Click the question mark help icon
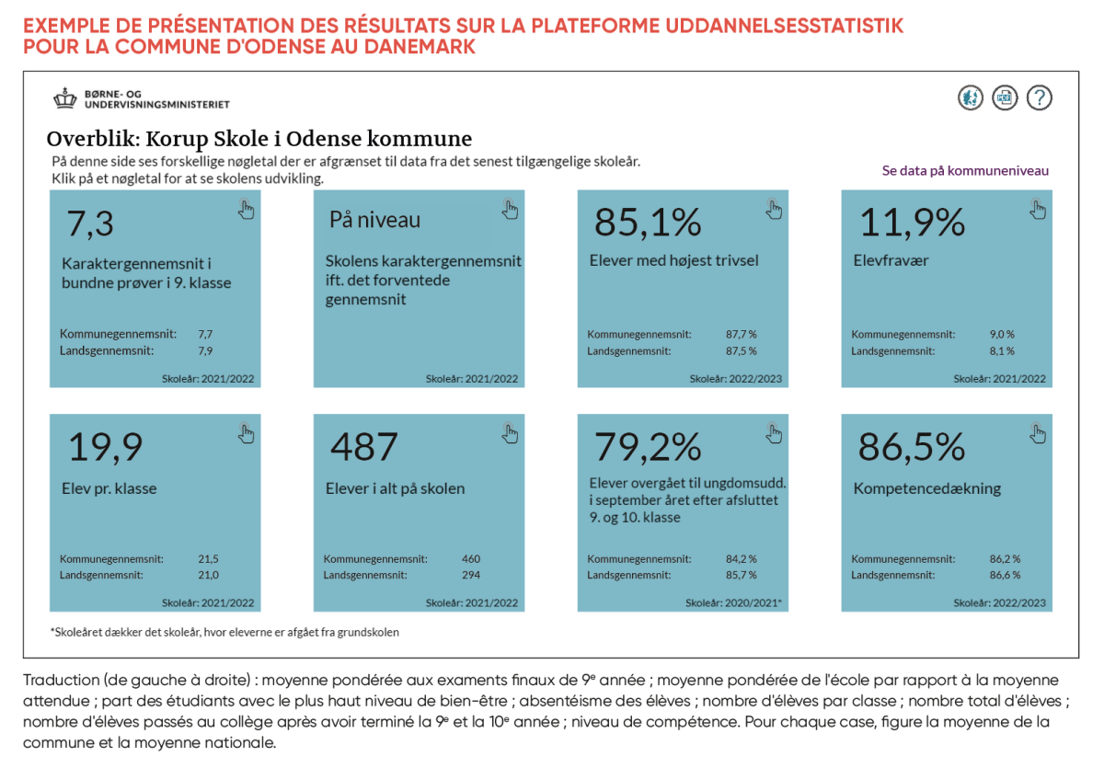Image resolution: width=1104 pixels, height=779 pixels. click(1039, 97)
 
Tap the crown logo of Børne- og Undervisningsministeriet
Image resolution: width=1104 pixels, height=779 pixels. click(65, 98)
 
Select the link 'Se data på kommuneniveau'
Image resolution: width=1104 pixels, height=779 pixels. click(965, 170)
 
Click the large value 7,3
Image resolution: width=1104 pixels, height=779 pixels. click(90, 223)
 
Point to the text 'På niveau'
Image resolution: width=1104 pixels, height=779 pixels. click(374, 221)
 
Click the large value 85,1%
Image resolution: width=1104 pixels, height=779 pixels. click(648, 223)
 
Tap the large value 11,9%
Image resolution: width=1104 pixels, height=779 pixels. click(912, 223)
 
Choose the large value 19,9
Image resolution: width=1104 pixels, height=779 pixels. click(106, 447)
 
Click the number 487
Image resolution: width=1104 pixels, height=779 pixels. click(364, 447)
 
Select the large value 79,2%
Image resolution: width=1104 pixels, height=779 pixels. click(648, 447)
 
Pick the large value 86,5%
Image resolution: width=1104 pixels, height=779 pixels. click(912, 447)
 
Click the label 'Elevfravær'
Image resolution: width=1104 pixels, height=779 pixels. click(891, 260)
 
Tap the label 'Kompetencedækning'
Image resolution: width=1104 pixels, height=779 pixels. click(926, 488)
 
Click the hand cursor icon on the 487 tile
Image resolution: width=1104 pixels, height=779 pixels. click(511, 433)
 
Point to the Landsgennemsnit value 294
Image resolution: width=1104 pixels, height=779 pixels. click(470, 575)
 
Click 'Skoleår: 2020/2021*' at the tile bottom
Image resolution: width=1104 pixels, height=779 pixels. click(733, 603)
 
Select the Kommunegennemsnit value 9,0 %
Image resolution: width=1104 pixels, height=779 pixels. click(1001, 335)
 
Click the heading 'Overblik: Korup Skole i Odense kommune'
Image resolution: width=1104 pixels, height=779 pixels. click(259, 140)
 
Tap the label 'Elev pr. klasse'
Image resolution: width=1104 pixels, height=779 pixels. click(109, 488)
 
